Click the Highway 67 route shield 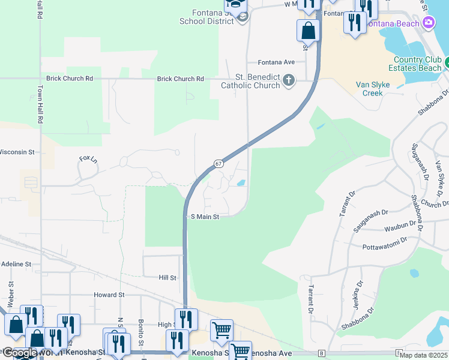(x=218, y=164)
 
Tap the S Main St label (x=205, y=217)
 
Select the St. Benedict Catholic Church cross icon (x=289, y=80)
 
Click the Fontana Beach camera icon (x=429, y=23)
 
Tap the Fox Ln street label (x=88, y=158)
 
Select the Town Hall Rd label (x=40, y=104)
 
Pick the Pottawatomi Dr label (x=385, y=247)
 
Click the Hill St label (x=167, y=278)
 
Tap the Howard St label (x=109, y=295)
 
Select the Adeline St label (x=16, y=264)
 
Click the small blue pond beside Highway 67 (x=241, y=183)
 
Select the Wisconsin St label (x=19, y=152)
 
